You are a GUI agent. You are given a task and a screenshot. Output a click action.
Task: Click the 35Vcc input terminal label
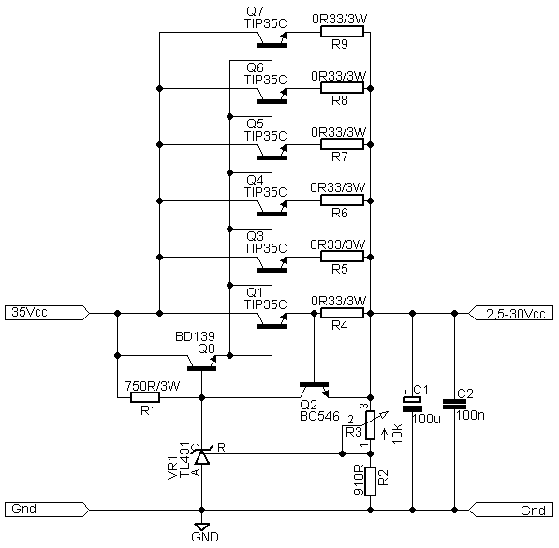pos(47,313)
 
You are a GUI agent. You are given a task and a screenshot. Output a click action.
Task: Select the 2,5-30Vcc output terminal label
pos(511,313)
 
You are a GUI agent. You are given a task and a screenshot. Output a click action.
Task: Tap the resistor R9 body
pos(342,32)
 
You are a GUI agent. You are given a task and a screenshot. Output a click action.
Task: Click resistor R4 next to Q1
pos(342,313)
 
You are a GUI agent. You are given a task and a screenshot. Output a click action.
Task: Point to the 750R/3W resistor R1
pos(145,397)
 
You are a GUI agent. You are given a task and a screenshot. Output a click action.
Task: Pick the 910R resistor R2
pos(371,481)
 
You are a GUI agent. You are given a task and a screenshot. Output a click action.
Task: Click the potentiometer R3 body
pos(371,425)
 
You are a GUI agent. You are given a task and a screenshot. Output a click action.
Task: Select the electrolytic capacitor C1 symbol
pos(413,404)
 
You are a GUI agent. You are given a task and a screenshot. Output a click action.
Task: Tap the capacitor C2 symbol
pos(454,404)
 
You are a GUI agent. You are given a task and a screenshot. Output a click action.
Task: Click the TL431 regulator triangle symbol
pos(201,457)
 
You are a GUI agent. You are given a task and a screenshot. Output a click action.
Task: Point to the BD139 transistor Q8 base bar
pos(201,368)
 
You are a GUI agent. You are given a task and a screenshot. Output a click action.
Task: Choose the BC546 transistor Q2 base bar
pos(314,385)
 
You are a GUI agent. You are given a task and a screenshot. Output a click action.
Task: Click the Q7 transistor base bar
pos(272,45)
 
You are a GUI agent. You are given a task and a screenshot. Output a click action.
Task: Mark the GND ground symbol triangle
pos(201,527)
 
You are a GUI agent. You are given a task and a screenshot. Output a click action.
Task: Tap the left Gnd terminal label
pos(47,509)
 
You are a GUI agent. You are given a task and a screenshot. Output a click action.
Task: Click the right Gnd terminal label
pos(511,511)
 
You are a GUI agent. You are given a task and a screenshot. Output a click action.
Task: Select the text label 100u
pos(426,419)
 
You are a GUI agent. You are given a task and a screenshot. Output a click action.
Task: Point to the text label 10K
pos(397,434)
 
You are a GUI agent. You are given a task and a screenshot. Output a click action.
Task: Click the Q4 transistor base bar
pos(272,215)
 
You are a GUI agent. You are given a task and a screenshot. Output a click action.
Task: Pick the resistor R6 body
pos(342,200)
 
